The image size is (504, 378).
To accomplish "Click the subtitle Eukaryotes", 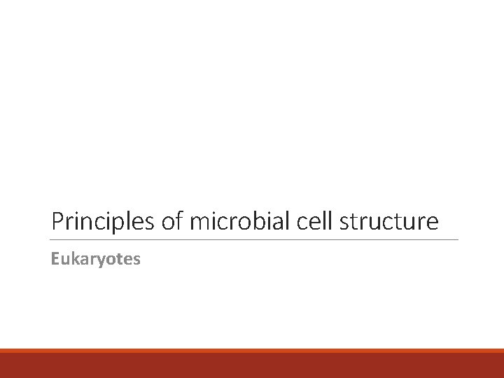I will pos(96,260).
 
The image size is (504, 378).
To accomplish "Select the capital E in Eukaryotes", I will pos(55,260).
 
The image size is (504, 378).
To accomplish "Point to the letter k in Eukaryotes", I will pos(73,260).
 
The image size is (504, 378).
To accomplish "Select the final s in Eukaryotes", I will pos(137,260).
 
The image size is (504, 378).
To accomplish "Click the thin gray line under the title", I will pos(255,240).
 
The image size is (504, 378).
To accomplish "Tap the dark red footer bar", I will pos(252,366).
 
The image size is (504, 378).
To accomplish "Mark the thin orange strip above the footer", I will pos(252,351).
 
